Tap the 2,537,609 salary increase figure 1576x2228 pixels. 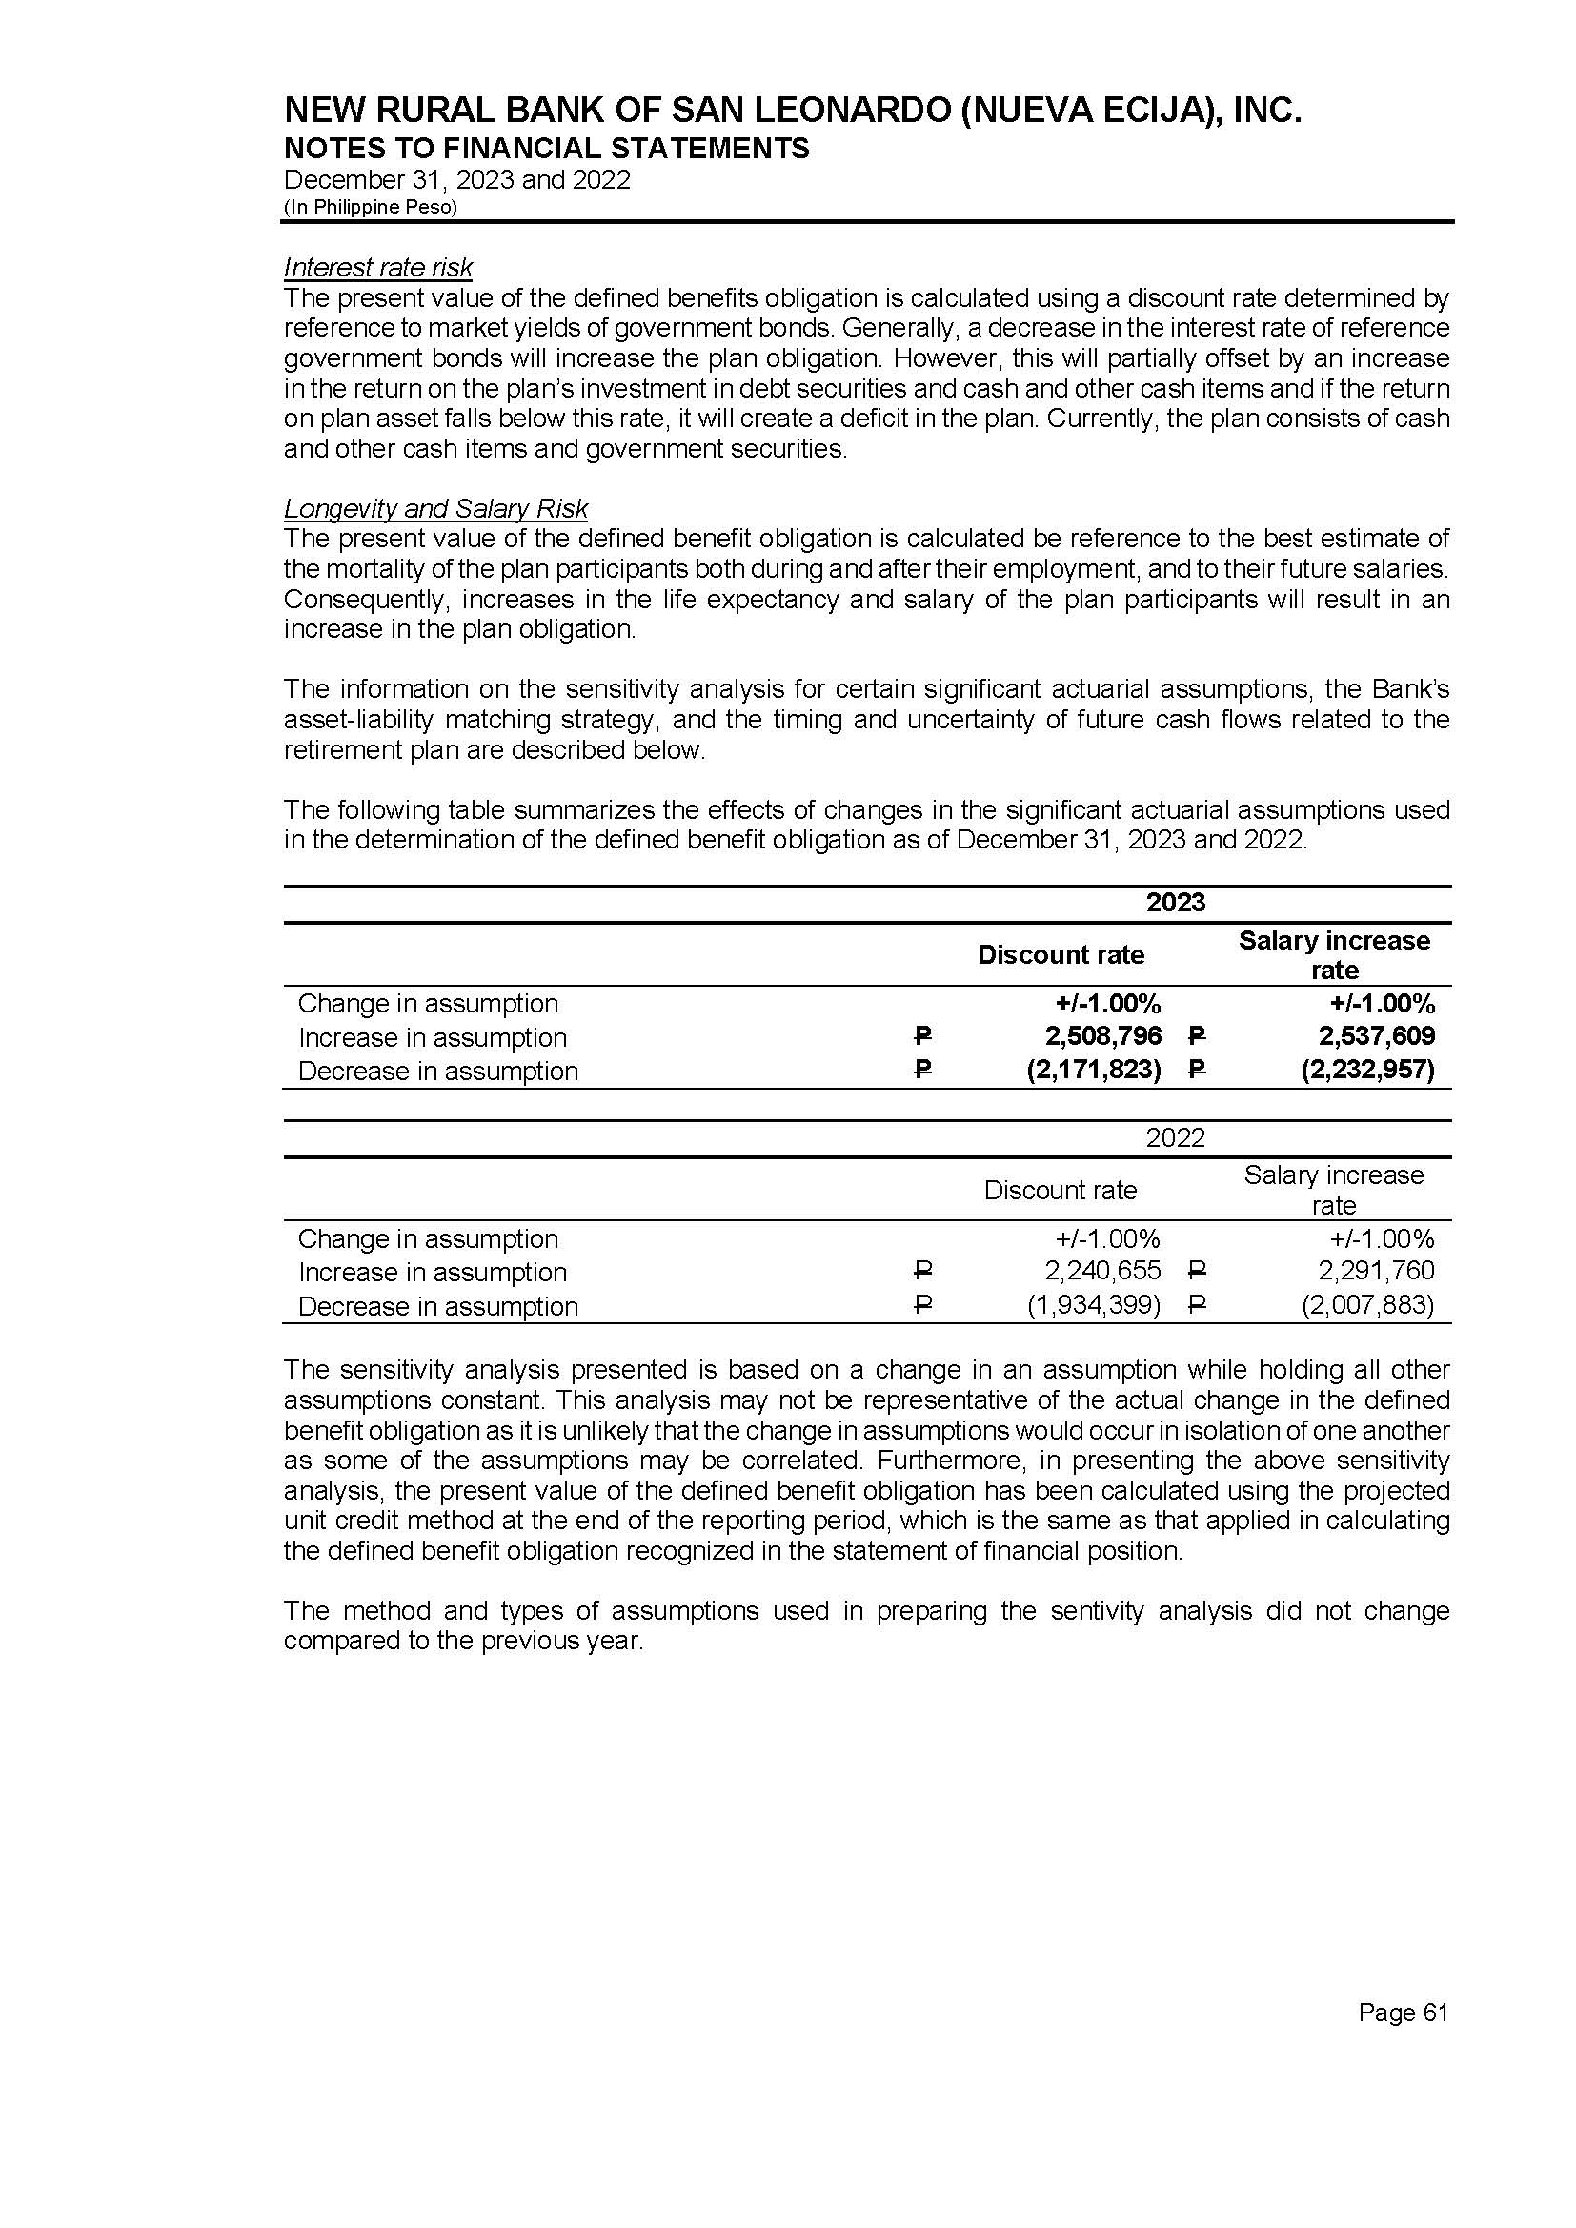(x=1377, y=1036)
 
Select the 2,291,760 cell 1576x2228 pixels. (x=1377, y=1271)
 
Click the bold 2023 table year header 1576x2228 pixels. (x=1175, y=903)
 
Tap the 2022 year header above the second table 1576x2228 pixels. (x=1175, y=1137)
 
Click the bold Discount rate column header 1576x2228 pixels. (x=1061, y=955)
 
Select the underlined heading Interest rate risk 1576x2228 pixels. (x=377, y=267)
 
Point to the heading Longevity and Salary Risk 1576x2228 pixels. (x=435, y=509)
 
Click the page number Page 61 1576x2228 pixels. (x=1404, y=2013)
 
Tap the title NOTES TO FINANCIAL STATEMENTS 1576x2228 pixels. (x=546, y=149)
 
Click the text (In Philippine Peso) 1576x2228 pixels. (x=370, y=207)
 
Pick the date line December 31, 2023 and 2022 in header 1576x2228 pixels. (x=457, y=179)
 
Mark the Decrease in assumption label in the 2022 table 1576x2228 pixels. (x=437, y=1307)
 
